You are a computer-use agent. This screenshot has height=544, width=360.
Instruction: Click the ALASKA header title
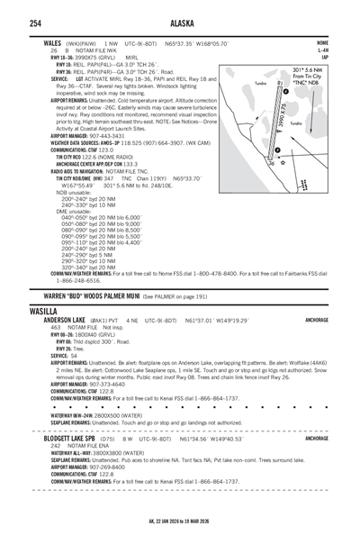point(180,23)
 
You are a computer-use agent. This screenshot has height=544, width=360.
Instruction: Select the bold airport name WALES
point(41,41)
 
